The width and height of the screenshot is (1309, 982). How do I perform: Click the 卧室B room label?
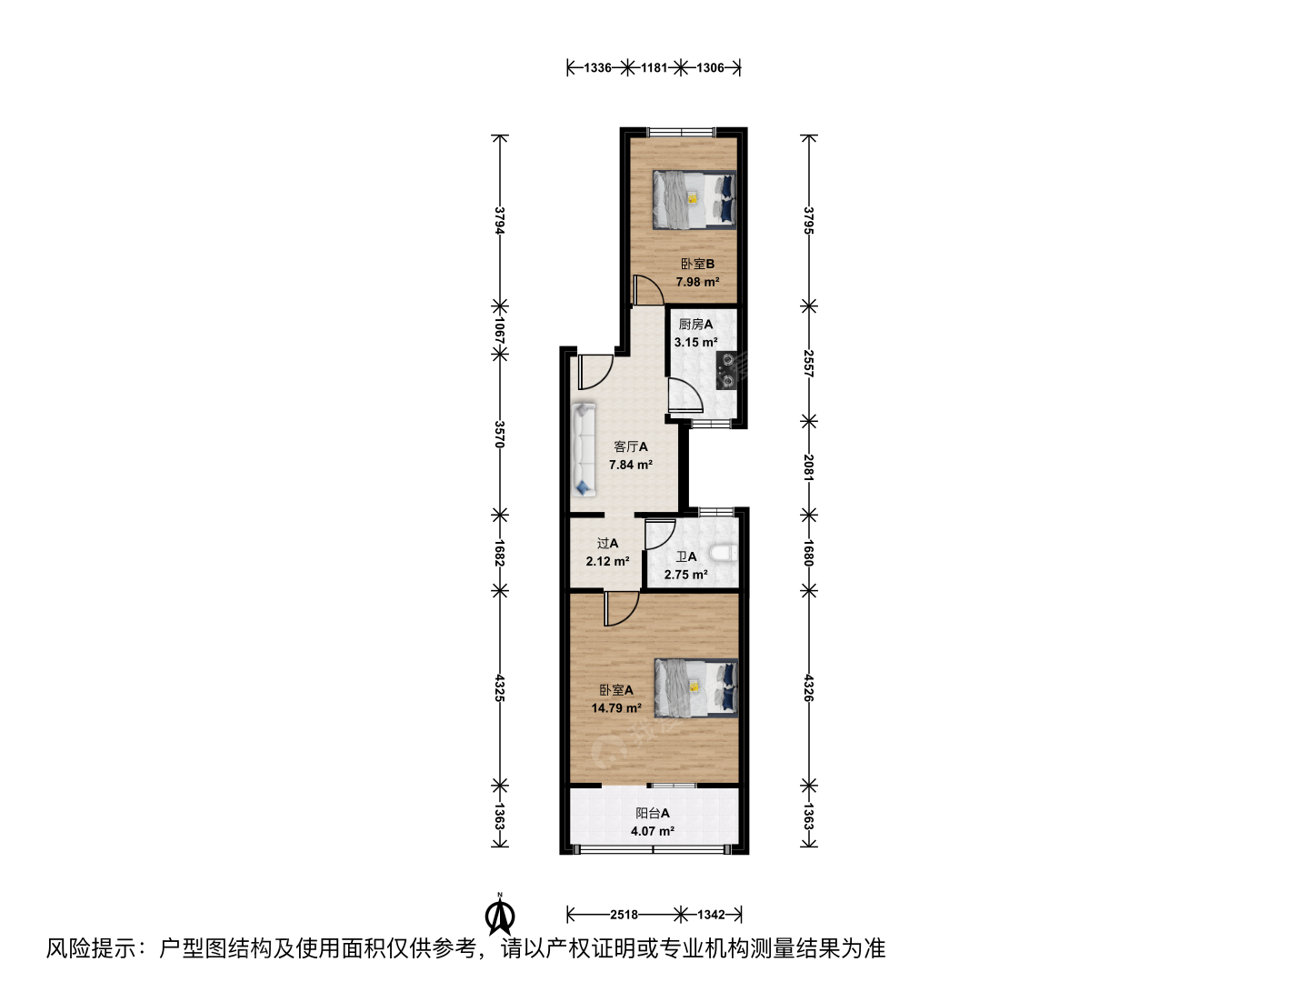click(698, 264)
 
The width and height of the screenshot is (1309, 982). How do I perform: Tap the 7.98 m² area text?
click(697, 282)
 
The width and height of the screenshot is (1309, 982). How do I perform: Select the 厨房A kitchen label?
click(695, 325)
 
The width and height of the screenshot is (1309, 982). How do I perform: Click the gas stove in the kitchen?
click(727, 370)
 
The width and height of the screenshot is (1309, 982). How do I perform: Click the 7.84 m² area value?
click(630, 465)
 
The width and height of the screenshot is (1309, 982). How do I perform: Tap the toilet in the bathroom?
click(724, 554)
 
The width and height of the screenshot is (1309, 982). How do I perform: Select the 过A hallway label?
click(608, 543)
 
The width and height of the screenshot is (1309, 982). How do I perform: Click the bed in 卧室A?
click(696, 686)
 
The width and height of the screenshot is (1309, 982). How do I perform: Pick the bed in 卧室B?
click(694, 200)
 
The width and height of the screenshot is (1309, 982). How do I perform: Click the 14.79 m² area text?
click(616, 707)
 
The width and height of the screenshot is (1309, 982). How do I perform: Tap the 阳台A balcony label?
click(653, 813)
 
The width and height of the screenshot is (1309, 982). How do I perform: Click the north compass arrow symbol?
click(500, 916)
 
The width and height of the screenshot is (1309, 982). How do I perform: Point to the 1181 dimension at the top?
click(654, 68)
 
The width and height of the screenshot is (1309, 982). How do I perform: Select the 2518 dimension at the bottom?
click(624, 914)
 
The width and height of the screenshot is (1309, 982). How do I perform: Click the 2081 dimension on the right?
click(808, 467)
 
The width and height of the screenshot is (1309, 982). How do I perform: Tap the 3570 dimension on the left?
click(500, 435)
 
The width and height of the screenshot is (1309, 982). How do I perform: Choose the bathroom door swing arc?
click(661, 535)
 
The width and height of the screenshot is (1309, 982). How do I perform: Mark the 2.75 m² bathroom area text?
click(685, 575)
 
